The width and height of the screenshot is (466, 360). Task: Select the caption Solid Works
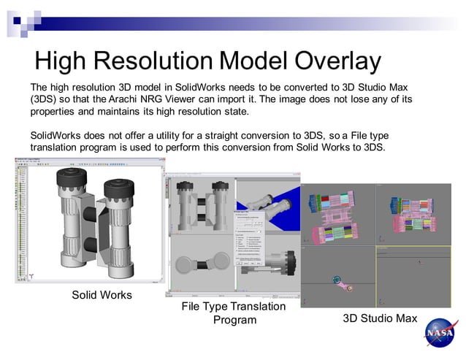[x=102, y=295]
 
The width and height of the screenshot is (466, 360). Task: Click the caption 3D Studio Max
[x=380, y=318]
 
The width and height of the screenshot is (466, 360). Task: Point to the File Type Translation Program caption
[x=234, y=313]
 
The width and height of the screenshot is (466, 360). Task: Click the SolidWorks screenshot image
[x=89, y=223]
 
